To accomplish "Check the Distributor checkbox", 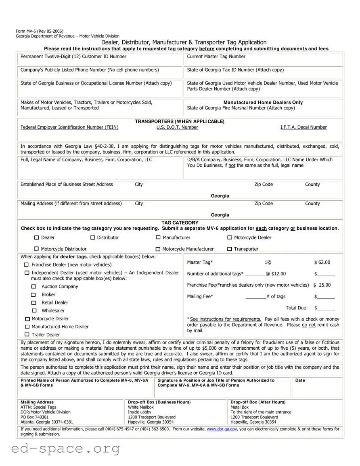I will [x=92, y=237].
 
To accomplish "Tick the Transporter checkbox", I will [x=230, y=249].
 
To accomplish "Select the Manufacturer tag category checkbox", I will [x=158, y=237].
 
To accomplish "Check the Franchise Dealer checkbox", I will [x=27, y=265].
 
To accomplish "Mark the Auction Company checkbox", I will [x=34, y=287].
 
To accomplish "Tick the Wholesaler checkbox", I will [x=34, y=311].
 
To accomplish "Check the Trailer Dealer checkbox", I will [x=27, y=335].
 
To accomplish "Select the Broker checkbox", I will [x=34, y=295].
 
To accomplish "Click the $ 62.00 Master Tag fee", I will [x=322, y=262].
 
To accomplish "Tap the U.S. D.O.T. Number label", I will [x=177, y=127].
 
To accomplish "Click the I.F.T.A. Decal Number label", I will [x=303, y=127].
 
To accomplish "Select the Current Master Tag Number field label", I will [x=216, y=57].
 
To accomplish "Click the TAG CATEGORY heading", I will [x=180, y=223].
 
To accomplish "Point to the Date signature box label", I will [x=300, y=380].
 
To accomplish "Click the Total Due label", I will [x=297, y=308].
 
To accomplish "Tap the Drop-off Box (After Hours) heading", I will [x=258, y=402].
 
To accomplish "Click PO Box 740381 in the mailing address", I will [x=35, y=417].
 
